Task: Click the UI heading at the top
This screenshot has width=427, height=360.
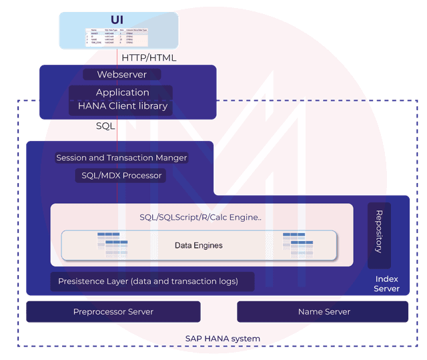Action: pyautogui.click(x=117, y=19)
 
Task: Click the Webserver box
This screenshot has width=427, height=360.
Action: pyautogui.click(x=122, y=74)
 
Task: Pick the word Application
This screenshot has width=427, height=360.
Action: pyautogui.click(x=122, y=92)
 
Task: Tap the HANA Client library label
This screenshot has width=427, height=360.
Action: pyautogui.click(x=122, y=106)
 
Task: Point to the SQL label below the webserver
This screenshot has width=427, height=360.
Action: pyautogui.click(x=105, y=126)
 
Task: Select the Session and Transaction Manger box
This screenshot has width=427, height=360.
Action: pyautogui.click(x=121, y=158)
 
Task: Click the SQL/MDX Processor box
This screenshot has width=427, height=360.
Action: pyautogui.click(x=119, y=175)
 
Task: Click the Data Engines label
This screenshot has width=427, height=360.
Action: pyautogui.click(x=198, y=245)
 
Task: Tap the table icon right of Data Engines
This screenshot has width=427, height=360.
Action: pyautogui.click(x=298, y=245)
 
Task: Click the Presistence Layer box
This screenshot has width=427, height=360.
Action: pyautogui.click(x=153, y=281)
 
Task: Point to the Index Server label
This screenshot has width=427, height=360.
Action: pyautogui.click(x=387, y=284)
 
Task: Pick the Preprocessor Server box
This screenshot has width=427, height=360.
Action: pyautogui.click(x=113, y=311)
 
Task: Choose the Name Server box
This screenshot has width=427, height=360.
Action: pyautogui.click(x=324, y=311)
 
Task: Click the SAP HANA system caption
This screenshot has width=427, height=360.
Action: pyautogui.click(x=222, y=339)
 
